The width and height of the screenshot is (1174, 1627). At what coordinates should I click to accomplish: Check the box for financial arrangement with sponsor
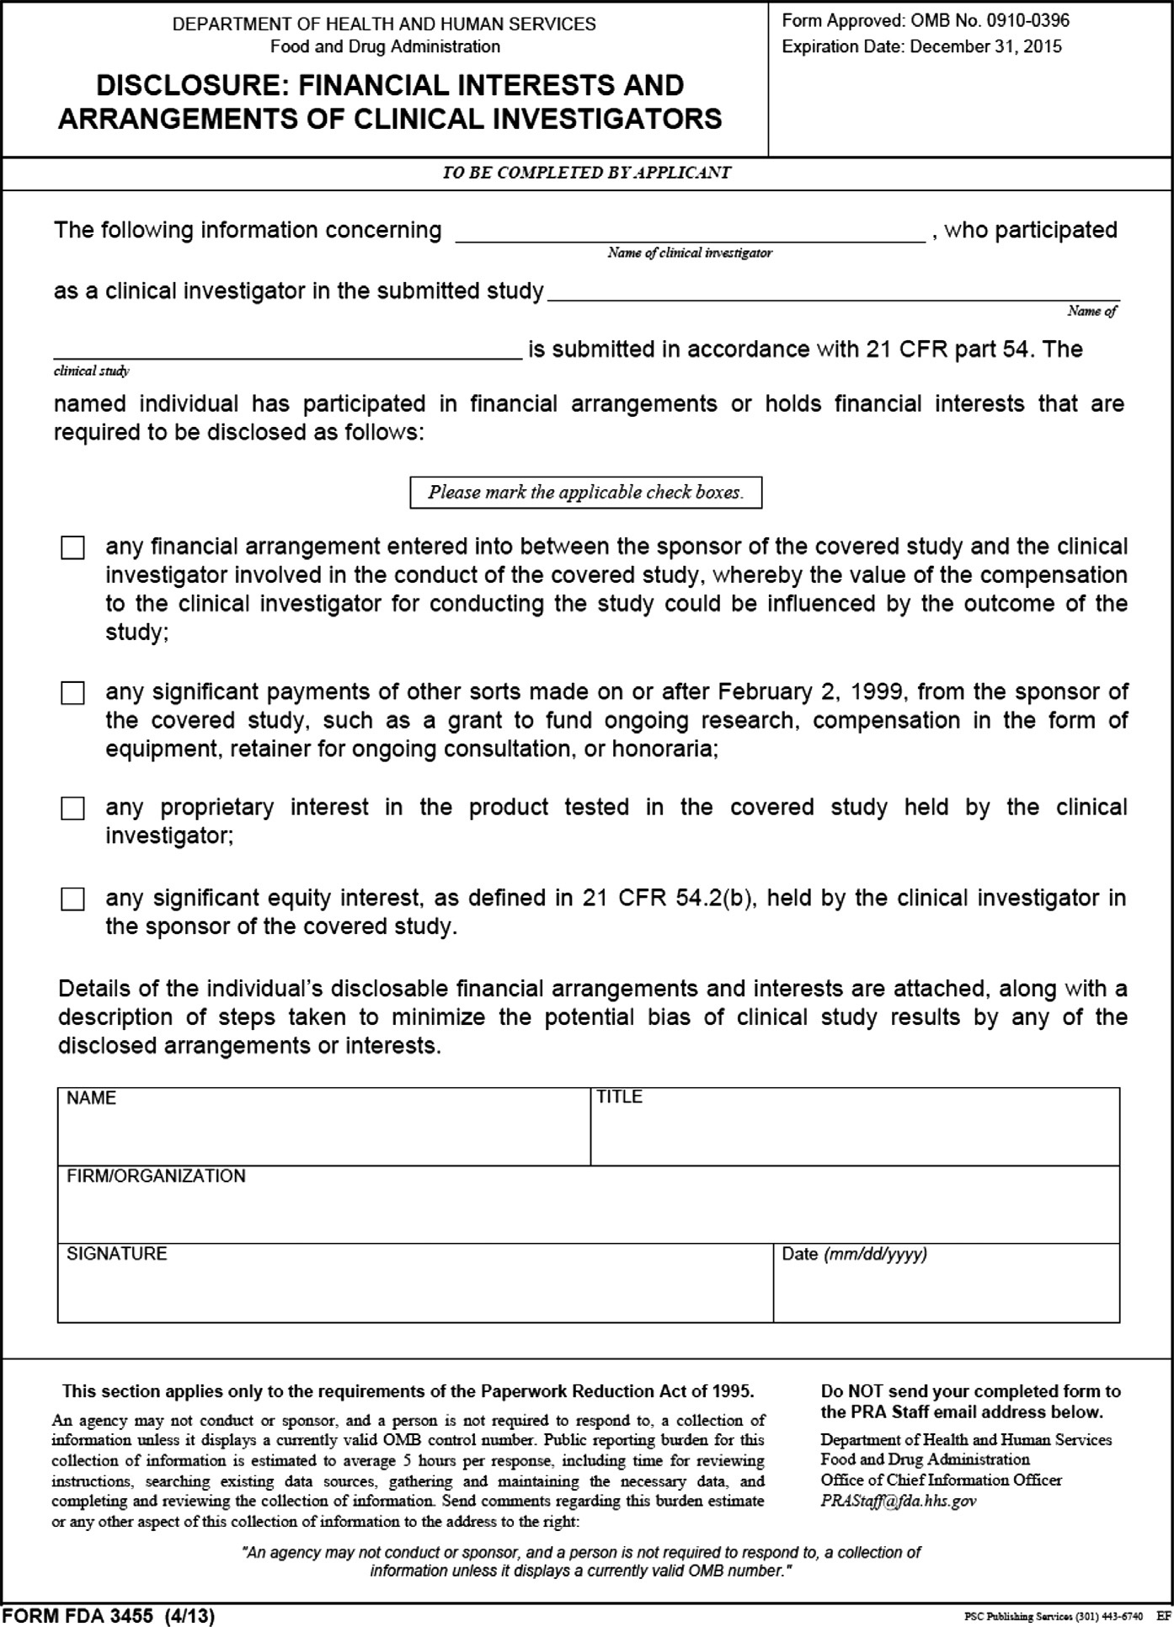[73, 548]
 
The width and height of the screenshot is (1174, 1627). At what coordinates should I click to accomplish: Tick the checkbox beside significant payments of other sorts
[73, 694]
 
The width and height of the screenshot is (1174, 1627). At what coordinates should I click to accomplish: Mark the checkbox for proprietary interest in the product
[73, 809]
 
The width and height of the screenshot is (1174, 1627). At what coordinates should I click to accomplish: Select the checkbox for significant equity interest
[73, 900]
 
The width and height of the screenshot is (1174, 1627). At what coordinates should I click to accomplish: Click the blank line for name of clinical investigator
[690, 232]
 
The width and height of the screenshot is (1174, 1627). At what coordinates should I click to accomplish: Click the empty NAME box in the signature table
[324, 1133]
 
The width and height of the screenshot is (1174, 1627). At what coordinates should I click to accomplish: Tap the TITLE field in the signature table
[855, 1133]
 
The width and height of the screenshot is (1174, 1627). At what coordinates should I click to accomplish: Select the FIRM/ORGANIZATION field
[588, 1211]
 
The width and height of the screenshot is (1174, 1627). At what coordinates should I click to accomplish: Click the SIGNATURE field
[414, 1288]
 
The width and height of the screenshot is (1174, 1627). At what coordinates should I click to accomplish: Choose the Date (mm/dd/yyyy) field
[946, 1288]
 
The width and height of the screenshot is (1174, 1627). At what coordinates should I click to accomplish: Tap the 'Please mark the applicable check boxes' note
[585, 493]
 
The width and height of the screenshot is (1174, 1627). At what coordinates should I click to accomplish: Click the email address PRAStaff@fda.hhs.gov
[899, 1501]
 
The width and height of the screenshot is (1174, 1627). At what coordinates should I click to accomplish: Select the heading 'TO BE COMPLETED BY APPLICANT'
[587, 173]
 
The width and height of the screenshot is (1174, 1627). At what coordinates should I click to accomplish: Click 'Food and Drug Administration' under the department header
[385, 47]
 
